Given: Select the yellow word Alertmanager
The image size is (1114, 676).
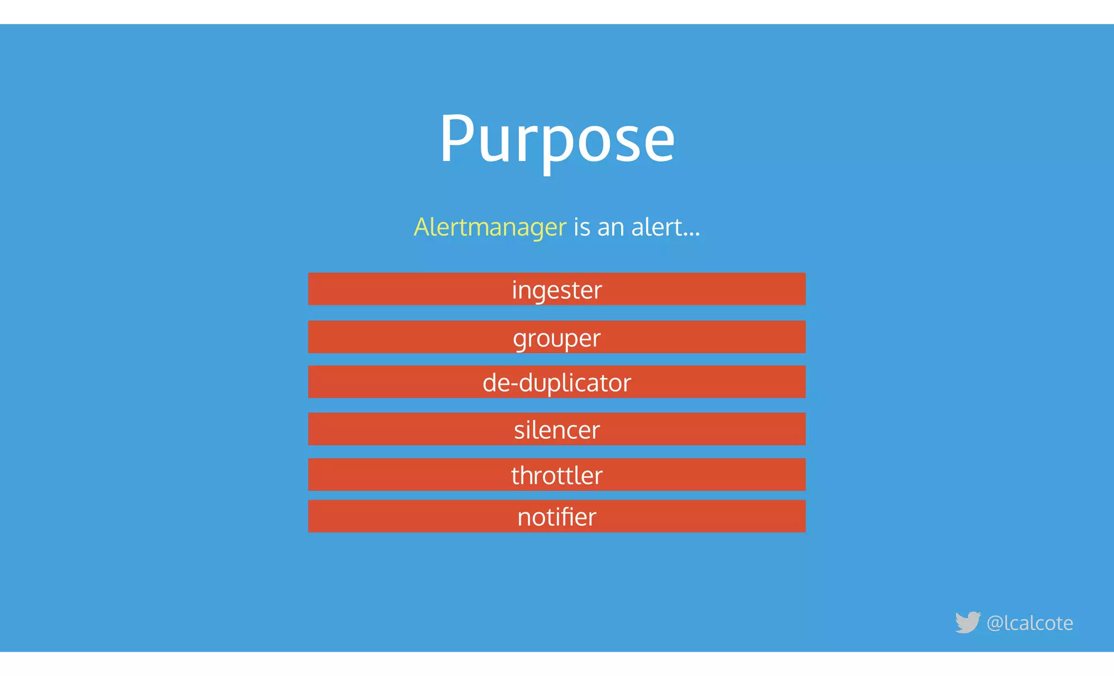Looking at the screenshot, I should (x=490, y=227).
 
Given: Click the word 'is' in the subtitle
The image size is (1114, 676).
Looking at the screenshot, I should (x=581, y=227).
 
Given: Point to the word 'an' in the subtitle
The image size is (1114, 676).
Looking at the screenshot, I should (x=610, y=227).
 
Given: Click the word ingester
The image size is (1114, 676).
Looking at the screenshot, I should (x=557, y=290).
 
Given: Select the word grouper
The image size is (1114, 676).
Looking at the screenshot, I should (x=557, y=338).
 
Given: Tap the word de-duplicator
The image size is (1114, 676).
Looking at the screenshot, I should (x=557, y=382).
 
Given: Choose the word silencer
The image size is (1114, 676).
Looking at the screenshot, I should (x=557, y=430).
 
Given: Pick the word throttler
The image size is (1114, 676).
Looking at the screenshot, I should (x=557, y=475).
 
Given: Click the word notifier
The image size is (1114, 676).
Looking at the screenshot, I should (x=557, y=517).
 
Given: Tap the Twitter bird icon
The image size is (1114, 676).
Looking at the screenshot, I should (x=968, y=622).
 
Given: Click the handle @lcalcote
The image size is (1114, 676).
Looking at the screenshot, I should (x=1030, y=623).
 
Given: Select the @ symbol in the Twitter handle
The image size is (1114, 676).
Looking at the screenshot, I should (x=994, y=623).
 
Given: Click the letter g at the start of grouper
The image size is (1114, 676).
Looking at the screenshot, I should (x=520, y=340).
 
